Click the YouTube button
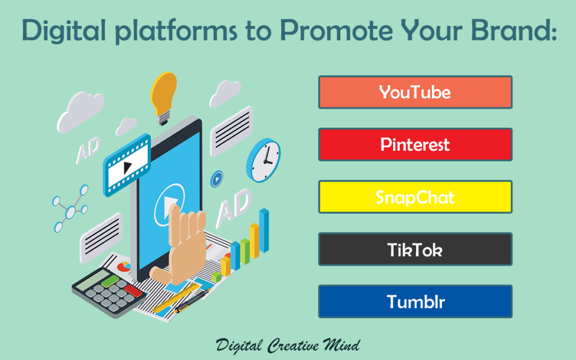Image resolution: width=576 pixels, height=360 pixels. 415,92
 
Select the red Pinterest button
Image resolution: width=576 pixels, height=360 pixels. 415,145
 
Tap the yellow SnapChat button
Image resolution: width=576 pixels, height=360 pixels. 415,197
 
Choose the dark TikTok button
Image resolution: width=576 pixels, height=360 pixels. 415,249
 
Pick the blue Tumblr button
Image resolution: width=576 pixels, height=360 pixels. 415,301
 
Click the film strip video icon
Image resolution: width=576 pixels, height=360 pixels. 127,163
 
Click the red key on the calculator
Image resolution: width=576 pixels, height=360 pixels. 133,289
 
